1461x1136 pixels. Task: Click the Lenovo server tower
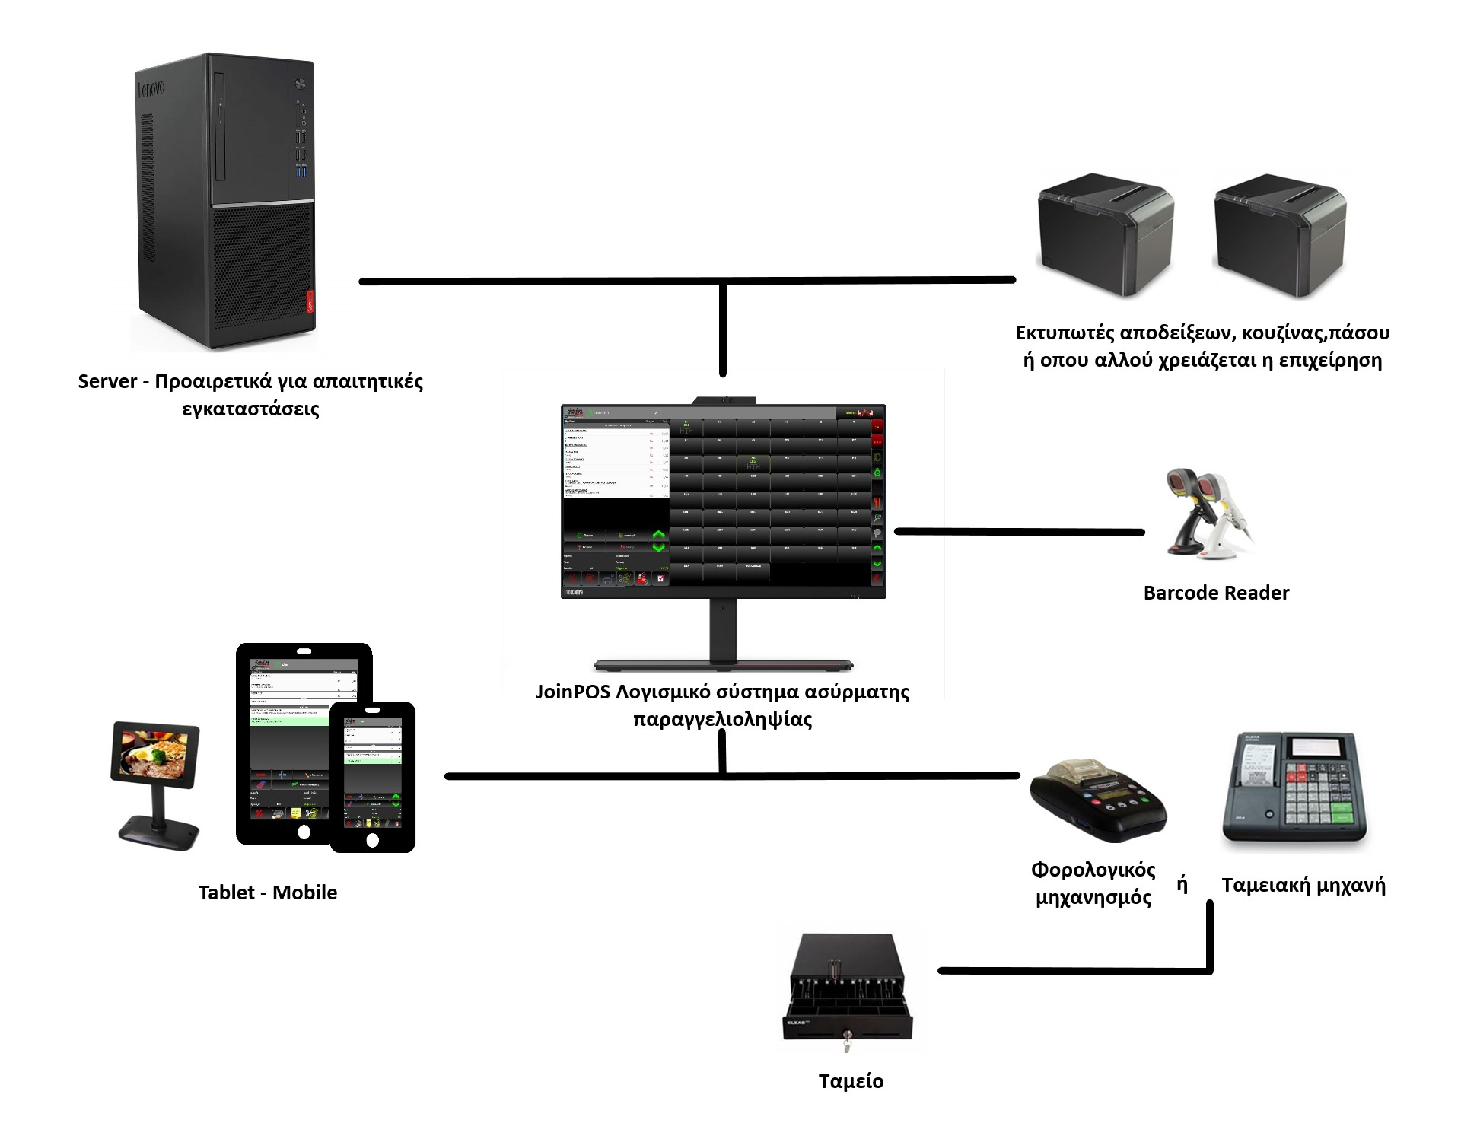(x=225, y=202)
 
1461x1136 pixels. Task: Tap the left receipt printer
(x=1105, y=236)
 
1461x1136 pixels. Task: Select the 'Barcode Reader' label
(x=1216, y=593)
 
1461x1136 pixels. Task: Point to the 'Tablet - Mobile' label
(x=268, y=893)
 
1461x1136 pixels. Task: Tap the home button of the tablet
(x=304, y=832)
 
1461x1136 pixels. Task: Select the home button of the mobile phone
(x=372, y=841)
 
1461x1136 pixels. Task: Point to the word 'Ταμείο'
(x=851, y=1081)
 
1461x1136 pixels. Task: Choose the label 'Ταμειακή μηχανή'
(x=1303, y=885)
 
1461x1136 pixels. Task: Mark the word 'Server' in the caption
(x=107, y=381)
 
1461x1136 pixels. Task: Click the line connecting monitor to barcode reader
(x=1020, y=532)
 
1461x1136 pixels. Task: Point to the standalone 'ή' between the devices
(x=1182, y=884)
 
